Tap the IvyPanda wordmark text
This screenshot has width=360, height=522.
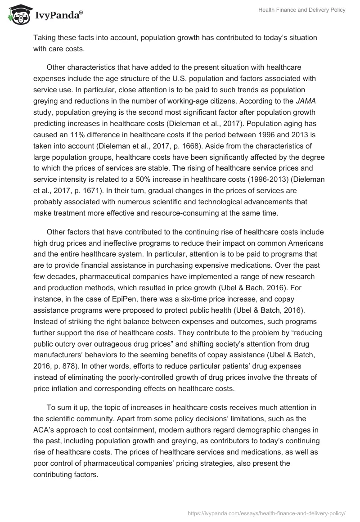(57, 16)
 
